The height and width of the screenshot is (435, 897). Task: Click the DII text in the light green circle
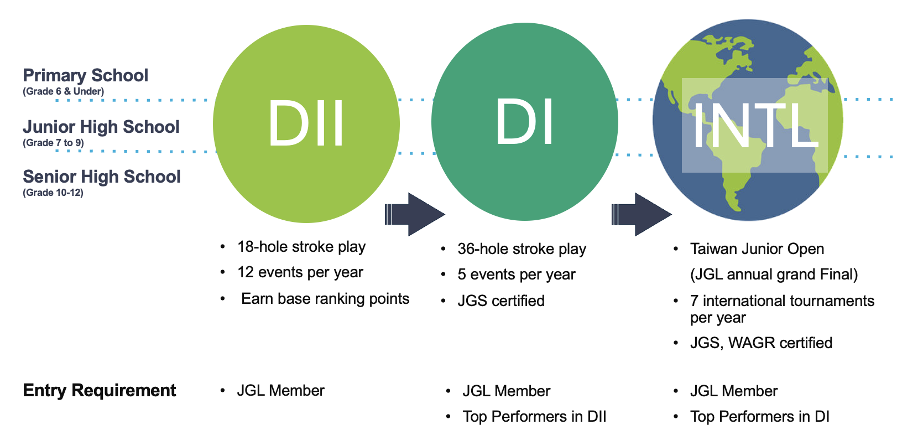point(306,123)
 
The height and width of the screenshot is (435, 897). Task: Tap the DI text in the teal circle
point(524,122)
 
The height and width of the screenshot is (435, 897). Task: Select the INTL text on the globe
point(754,126)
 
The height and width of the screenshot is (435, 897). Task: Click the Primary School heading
point(86,75)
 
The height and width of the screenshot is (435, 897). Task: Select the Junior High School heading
point(101,127)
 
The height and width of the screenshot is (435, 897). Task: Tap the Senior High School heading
point(102,177)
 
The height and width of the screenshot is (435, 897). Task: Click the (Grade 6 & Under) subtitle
point(63,91)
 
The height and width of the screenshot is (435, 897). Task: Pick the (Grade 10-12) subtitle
point(53,193)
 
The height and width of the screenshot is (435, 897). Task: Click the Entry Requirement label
point(100,390)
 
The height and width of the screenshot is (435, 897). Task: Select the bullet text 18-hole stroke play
point(301,247)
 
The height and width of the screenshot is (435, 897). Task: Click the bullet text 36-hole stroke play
point(521,249)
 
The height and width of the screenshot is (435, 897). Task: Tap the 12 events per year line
point(300,272)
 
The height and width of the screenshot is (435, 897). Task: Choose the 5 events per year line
point(516,275)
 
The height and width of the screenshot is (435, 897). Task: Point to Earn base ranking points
point(325,299)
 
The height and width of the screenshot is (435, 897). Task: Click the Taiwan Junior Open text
point(757,249)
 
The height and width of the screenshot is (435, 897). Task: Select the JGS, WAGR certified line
point(761,343)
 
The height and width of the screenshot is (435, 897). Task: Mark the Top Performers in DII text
point(534,417)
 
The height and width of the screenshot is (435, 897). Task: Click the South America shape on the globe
point(736,177)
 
